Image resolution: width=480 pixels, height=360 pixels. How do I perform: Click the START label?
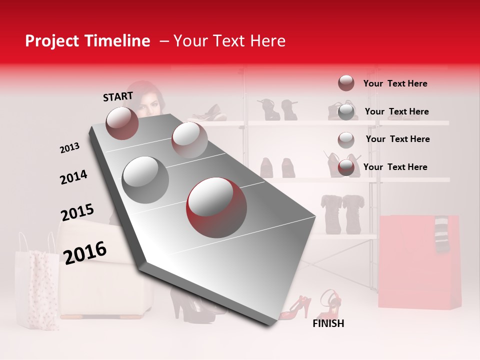pyautogui.click(x=118, y=96)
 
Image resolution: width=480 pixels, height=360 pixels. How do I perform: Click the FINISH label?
pyautogui.click(x=328, y=323)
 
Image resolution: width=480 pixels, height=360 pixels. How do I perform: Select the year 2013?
pyautogui.click(x=69, y=148)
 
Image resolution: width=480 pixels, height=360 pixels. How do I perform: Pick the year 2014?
pyautogui.click(x=73, y=177)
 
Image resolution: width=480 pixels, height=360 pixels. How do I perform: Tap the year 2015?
pyautogui.click(x=77, y=212)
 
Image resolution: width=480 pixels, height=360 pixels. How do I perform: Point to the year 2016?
pyautogui.click(x=85, y=252)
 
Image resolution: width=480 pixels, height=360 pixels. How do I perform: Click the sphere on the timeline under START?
pyautogui.click(x=122, y=123)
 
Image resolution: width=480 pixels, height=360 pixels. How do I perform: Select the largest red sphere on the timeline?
pyautogui.click(x=216, y=206)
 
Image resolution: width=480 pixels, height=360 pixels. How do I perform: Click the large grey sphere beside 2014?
pyautogui.click(x=145, y=179)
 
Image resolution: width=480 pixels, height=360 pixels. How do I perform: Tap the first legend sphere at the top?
pyautogui.click(x=346, y=83)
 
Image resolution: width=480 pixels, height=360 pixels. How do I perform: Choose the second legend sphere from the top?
pyautogui.click(x=346, y=111)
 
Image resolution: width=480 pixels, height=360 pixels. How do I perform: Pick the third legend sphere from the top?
pyautogui.click(x=346, y=139)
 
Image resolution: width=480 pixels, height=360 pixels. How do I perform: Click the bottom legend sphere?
pyautogui.click(x=346, y=167)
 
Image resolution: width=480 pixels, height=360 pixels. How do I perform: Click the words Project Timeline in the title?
pyautogui.click(x=87, y=41)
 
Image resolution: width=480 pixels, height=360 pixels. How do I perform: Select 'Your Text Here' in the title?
pyautogui.click(x=229, y=41)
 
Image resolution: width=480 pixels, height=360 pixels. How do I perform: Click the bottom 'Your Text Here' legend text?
pyautogui.click(x=395, y=167)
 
